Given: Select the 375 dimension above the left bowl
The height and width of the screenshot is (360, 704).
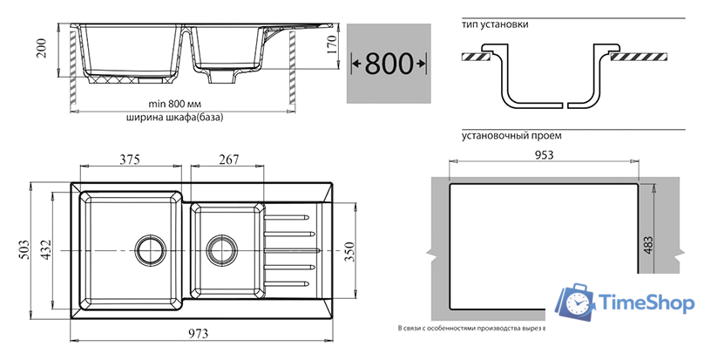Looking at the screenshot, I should tap(131, 159).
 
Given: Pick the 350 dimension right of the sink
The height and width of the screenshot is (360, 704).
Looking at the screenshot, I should tap(349, 250).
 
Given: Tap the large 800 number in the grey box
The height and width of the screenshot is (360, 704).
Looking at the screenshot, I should tap(389, 63).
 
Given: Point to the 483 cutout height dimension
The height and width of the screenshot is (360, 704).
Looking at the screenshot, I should tap(647, 246).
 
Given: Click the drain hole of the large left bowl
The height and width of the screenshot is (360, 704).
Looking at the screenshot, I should tap(146, 249).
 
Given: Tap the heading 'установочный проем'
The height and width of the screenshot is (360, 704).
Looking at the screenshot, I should tap(512, 136).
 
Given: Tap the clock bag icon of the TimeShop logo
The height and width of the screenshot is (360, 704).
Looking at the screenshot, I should tap(576, 302).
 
